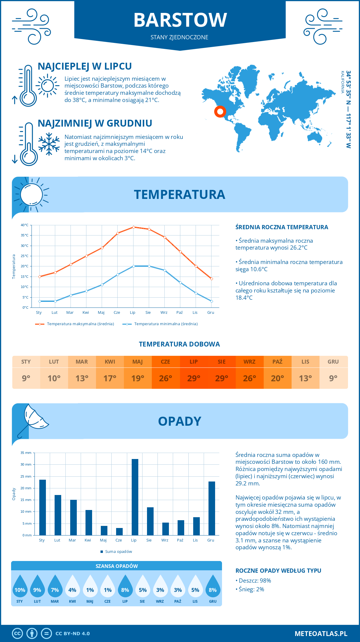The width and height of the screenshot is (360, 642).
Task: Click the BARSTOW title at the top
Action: tap(180, 20)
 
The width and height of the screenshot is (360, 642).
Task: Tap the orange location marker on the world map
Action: tap(220, 112)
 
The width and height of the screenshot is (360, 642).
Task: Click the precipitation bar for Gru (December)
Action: tap(212, 508)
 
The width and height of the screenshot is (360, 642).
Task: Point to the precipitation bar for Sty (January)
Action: tap(43, 507)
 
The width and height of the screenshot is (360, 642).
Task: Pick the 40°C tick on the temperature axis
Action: tap(25, 225)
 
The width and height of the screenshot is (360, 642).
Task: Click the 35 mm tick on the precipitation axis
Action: tap(26, 453)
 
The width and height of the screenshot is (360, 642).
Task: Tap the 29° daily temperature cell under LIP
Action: tap(193, 378)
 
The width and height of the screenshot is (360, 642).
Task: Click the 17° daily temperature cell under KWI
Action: tap(110, 378)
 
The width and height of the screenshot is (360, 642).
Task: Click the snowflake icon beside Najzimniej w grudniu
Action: tap(49, 144)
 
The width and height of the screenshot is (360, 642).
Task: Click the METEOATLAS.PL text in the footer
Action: tap(321, 634)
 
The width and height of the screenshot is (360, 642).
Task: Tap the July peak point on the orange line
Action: tap(133, 227)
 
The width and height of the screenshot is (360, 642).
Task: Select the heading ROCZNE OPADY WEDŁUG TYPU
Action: tap(278, 571)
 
